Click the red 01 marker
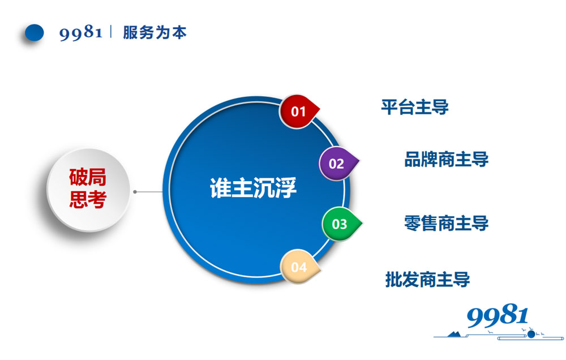(x=298, y=112)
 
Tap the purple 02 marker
(x=337, y=164)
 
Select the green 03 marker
(x=340, y=224)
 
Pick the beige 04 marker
(x=299, y=267)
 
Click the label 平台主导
(x=415, y=106)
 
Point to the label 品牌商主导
(x=446, y=159)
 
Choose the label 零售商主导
(x=446, y=222)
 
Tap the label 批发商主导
(x=427, y=279)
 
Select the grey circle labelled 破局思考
(x=88, y=190)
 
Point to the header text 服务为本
(x=155, y=33)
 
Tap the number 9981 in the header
(x=80, y=33)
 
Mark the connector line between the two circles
(x=150, y=192)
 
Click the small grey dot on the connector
(x=135, y=192)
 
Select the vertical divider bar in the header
(x=112, y=32)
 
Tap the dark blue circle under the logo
(x=531, y=334)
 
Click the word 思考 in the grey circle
(x=88, y=199)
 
